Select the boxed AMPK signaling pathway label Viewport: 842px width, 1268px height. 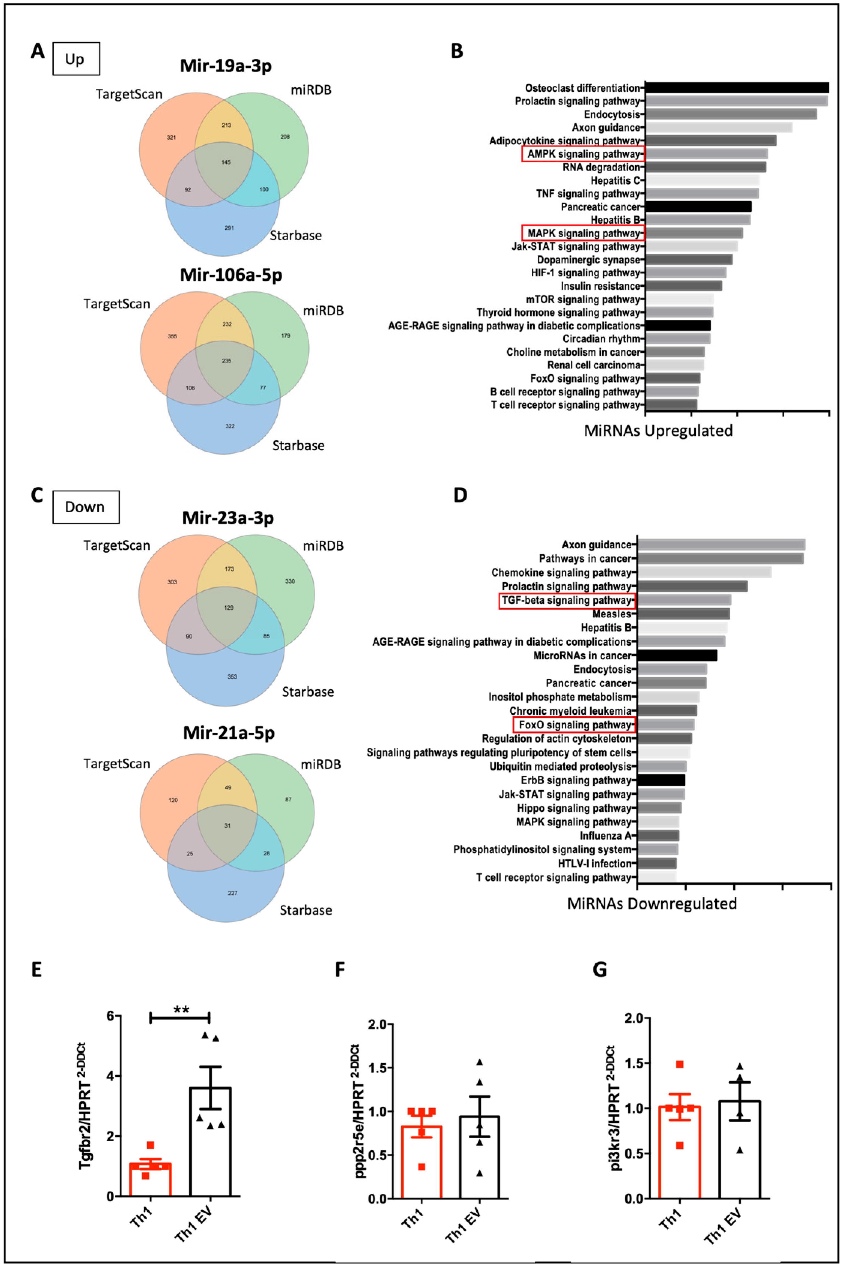(583, 154)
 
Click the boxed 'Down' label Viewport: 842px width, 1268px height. (85, 507)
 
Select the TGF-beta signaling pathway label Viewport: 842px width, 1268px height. (567, 600)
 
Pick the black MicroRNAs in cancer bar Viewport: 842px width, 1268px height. (677, 656)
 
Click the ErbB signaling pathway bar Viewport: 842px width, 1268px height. (661, 780)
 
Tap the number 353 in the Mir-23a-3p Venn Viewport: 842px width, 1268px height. (232, 676)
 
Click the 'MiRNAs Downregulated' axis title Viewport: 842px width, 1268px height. (651, 904)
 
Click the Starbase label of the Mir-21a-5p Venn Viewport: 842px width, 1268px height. (306, 910)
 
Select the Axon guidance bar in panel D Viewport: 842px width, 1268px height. (721, 544)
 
